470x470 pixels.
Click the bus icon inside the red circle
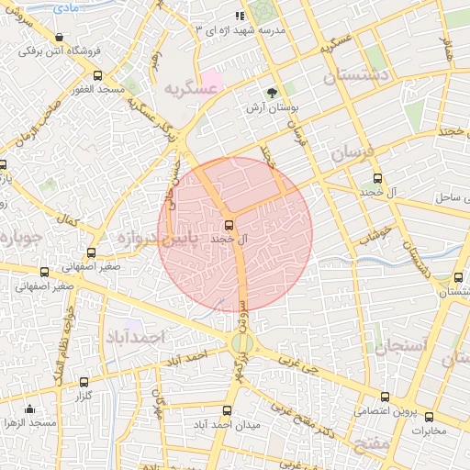click(229, 224)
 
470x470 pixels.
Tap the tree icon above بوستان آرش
click(273, 92)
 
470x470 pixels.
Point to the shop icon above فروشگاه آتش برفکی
click(60, 38)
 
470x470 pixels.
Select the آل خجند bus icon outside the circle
click(376, 180)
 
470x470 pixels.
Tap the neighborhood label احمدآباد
click(134, 338)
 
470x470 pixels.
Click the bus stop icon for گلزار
click(84, 381)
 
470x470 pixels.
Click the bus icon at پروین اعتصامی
click(384, 397)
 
